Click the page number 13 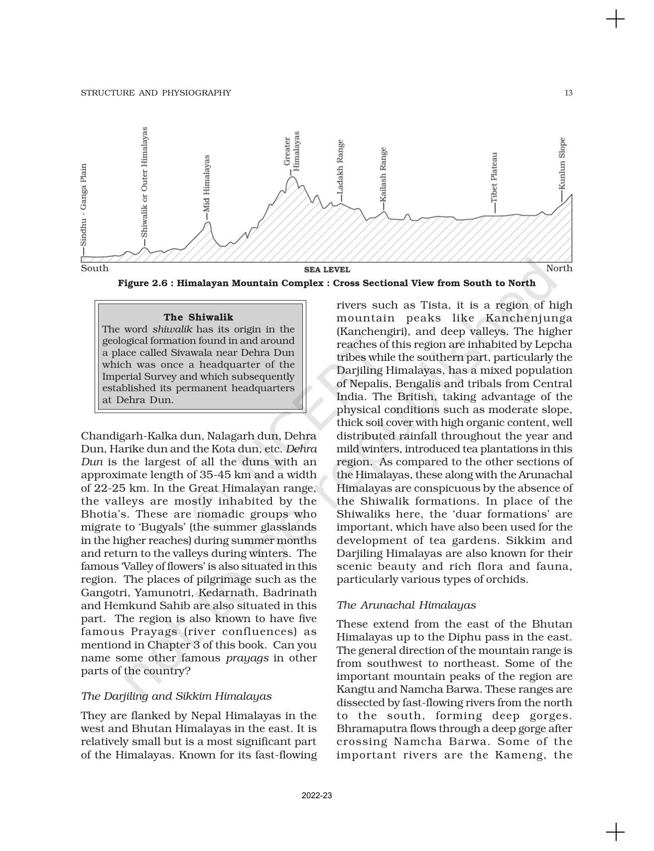[x=568, y=93]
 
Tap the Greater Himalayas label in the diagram [x=292, y=151]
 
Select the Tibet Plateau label [x=494, y=177]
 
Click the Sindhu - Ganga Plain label [x=84, y=205]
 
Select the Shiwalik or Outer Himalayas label [x=144, y=182]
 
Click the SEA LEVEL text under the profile [x=327, y=270]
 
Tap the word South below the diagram [x=95, y=268]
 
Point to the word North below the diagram [x=559, y=268]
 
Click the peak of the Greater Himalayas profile [x=292, y=177]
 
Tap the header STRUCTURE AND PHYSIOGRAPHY [x=156, y=93]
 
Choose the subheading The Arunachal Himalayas [x=406, y=605]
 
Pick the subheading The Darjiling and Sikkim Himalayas [x=176, y=696]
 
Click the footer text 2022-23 [x=317, y=796]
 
